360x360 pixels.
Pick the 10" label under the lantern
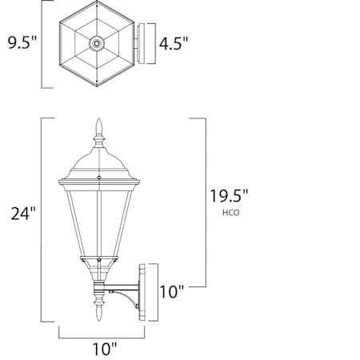pos(104,349)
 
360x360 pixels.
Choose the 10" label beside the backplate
pos(171,292)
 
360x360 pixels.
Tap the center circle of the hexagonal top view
pos(98,43)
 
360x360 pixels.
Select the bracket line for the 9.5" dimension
pos(42,43)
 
